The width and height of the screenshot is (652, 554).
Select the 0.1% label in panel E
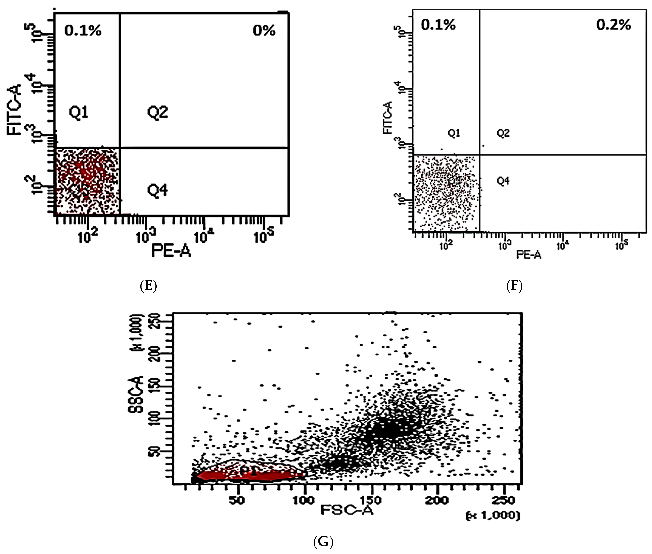tap(83, 31)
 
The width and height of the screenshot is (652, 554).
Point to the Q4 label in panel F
tap(503, 181)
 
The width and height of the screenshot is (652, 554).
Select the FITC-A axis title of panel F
tap(388, 118)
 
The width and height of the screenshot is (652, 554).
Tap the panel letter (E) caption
tap(148, 286)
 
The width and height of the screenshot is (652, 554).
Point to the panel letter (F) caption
tap(514, 286)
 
